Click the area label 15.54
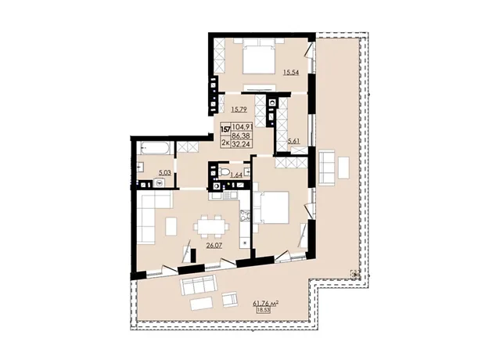(x=291, y=73)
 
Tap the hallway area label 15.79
(x=239, y=110)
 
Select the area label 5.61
(x=294, y=142)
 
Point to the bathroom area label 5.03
(x=165, y=173)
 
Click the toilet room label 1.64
(x=236, y=175)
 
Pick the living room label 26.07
(x=214, y=246)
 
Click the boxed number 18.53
(x=264, y=311)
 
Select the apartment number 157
(x=225, y=128)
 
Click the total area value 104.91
(x=242, y=127)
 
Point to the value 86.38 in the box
(x=242, y=135)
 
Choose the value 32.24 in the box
(x=242, y=143)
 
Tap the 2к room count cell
(x=225, y=142)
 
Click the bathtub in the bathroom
(x=155, y=148)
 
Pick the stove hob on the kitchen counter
(x=245, y=216)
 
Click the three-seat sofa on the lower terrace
(x=198, y=285)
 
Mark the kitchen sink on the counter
(x=230, y=196)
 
